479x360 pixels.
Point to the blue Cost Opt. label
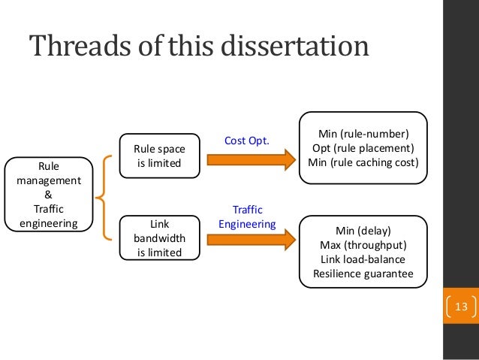246,141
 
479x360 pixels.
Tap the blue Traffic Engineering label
246,216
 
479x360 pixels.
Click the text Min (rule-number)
363,135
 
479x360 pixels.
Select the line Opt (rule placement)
363,148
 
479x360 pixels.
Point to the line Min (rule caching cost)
363,162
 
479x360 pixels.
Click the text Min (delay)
363,232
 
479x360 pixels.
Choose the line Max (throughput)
363,246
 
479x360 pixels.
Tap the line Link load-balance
363,260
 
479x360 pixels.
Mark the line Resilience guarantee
363,274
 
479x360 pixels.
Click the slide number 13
461,307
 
